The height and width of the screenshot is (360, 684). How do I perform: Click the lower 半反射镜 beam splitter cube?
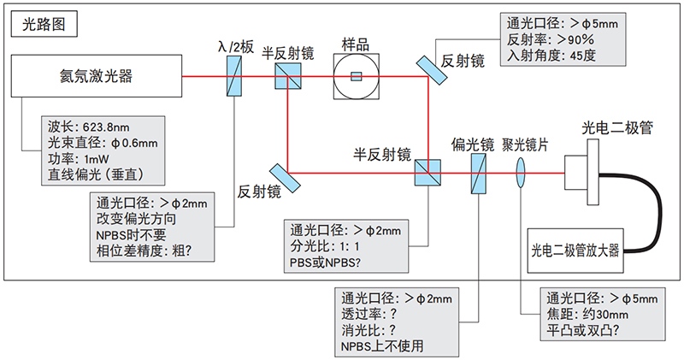click(426, 173)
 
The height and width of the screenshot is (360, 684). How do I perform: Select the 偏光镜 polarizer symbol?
click(480, 173)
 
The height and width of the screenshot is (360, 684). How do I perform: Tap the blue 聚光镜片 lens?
click(521, 173)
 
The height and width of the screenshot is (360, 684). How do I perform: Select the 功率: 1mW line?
click(79, 158)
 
